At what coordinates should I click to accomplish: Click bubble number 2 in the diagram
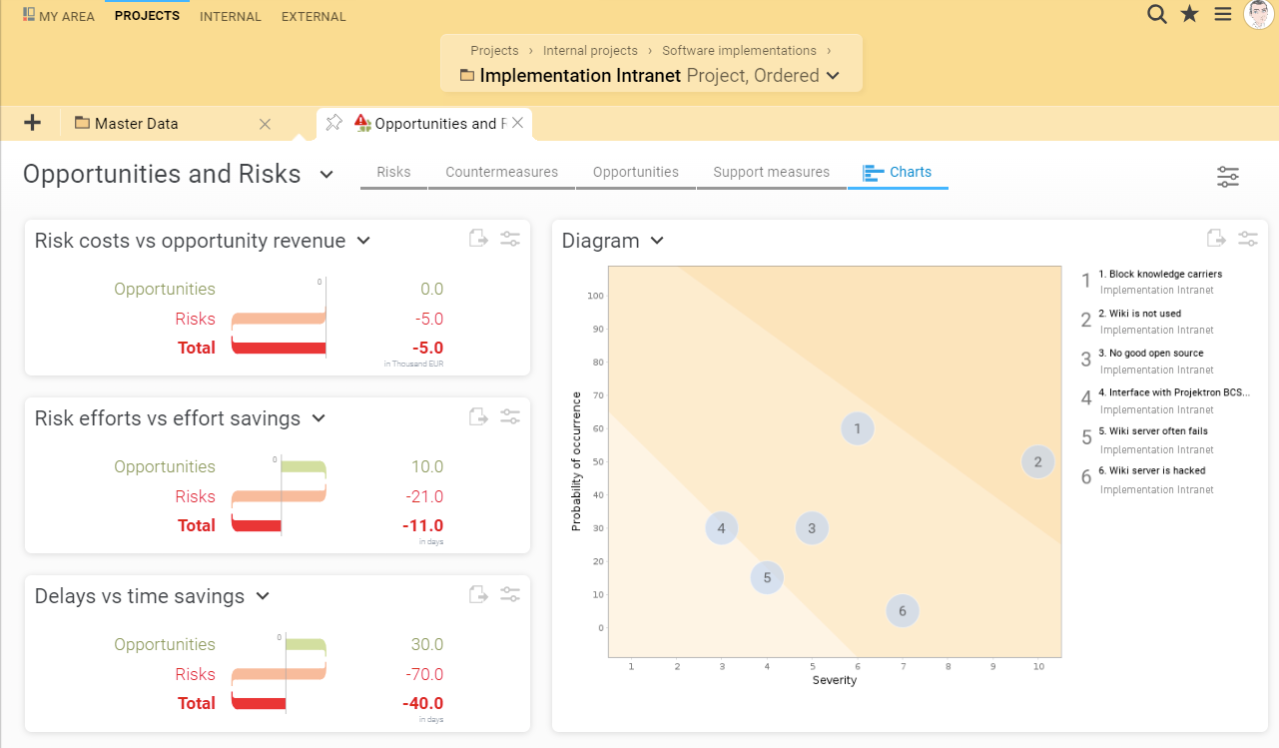point(1038,461)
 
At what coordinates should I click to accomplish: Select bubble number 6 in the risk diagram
point(903,611)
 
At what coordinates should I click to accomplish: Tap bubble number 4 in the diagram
point(721,528)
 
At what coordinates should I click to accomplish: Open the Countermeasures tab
point(501,172)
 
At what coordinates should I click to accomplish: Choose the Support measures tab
point(771,172)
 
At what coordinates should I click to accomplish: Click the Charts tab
point(898,172)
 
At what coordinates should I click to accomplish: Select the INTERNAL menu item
point(231,16)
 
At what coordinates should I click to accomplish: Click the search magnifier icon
point(1156,14)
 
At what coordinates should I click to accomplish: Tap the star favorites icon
point(1189,14)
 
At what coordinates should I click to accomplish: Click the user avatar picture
point(1258,15)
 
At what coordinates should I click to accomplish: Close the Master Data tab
point(265,124)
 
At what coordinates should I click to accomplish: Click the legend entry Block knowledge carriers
point(1165,274)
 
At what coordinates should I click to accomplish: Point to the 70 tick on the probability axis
point(597,395)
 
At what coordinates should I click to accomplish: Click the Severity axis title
point(835,680)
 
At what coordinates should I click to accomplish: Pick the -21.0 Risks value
point(424,496)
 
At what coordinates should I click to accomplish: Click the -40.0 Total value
point(422,703)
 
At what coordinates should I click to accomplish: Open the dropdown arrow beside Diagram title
point(657,241)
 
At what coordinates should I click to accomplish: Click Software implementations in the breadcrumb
point(739,50)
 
